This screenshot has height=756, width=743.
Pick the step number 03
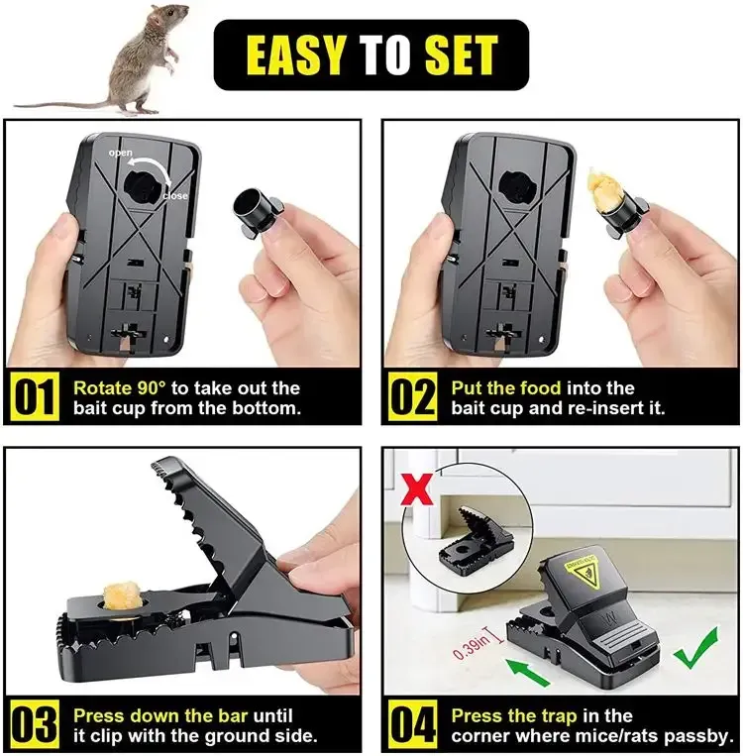(x=37, y=725)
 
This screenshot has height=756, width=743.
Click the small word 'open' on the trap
(x=120, y=154)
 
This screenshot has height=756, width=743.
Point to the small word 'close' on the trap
(x=175, y=195)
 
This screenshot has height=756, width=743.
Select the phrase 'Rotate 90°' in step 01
(x=117, y=387)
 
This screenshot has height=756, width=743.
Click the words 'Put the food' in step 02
(x=505, y=387)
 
